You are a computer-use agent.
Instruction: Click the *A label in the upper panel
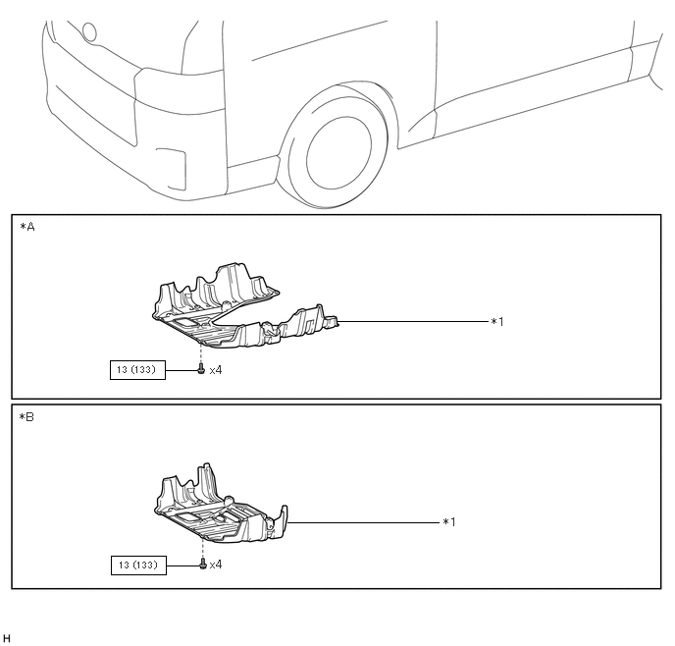point(26,227)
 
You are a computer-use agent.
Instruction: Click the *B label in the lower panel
point(26,416)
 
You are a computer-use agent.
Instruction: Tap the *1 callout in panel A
point(497,321)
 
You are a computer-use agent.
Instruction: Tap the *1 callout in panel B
point(449,522)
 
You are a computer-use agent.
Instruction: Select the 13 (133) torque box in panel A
point(136,370)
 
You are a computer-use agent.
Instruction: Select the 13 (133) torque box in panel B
point(136,565)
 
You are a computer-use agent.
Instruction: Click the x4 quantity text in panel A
point(216,370)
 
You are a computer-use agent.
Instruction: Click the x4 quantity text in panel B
point(216,565)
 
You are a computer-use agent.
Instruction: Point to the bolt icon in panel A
point(200,370)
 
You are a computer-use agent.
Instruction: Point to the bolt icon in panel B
point(201,565)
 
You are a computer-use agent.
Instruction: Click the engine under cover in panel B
point(216,506)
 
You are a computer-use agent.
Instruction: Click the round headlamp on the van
point(89,31)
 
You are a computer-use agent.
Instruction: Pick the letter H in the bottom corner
point(7,638)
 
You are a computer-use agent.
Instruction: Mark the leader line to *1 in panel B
point(363,522)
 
